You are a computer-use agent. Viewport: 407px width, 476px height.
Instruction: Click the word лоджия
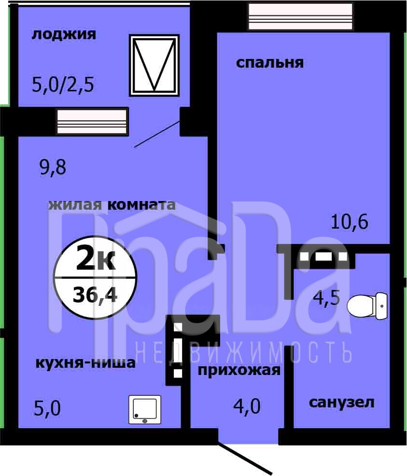[x=64, y=35]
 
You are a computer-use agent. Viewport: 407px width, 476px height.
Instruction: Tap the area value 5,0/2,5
[x=63, y=85]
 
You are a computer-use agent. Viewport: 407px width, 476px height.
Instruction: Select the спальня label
[x=269, y=63]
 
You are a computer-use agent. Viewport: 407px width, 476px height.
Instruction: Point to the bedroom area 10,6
[x=350, y=222]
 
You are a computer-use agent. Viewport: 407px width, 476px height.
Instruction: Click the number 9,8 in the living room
[x=53, y=167]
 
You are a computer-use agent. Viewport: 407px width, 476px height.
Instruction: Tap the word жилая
[x=75, y=205]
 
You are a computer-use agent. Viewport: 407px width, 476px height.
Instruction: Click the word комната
[x=141, y=205]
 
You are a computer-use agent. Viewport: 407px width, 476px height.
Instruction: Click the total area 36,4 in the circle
[x=95, y=294]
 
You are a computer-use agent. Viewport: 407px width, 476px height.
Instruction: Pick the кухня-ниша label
[x=85, y=363]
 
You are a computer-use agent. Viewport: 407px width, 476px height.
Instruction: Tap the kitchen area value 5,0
[x=47, y=408]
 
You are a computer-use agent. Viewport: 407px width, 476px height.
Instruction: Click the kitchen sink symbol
[x=145, y=409]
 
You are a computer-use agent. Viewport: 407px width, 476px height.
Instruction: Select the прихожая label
[x=239, y=371]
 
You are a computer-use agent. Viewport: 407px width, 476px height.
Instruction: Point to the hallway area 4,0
[x=247, y=406]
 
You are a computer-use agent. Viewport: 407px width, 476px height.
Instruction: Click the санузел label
[x=341, y=403]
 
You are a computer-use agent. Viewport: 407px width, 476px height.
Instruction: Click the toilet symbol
[x=367, y=306]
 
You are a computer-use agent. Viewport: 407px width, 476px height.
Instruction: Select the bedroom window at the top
[x=301, y=17]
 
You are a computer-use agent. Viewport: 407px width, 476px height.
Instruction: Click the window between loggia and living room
[x=92, y=122]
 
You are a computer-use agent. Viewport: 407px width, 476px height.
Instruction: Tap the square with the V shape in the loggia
[x=154, y=65]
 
